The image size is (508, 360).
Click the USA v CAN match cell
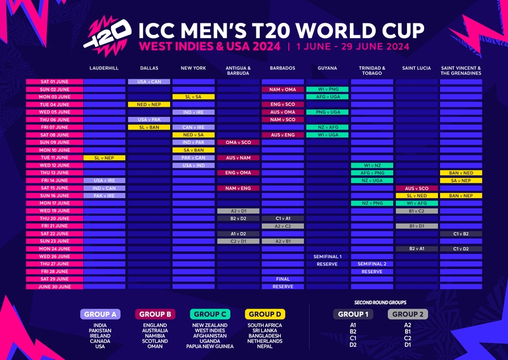pos(149,82)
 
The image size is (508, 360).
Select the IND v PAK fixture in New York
pos(193,142)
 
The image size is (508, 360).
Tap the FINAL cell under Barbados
pos(283,279)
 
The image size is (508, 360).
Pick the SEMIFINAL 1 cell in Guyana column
pos(327,257)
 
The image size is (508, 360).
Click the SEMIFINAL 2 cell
pos(371,263)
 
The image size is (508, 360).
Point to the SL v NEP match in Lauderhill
pos(104,157)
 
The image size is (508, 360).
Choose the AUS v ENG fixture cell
pos(283,135)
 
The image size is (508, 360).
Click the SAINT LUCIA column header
pos(417,67)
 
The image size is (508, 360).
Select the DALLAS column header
pos(149,67)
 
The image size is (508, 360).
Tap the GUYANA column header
pos(327,67)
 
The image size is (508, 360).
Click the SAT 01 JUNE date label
pos(54,82)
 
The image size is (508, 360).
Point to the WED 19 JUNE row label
pos(54,211)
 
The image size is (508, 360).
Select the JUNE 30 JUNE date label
pos(54,286)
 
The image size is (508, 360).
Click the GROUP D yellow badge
pos(265,314)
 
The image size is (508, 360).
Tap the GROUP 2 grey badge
pos(407,314)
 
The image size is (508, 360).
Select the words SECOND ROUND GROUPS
pos(380,302)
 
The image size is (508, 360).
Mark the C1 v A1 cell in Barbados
pos(283,218)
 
